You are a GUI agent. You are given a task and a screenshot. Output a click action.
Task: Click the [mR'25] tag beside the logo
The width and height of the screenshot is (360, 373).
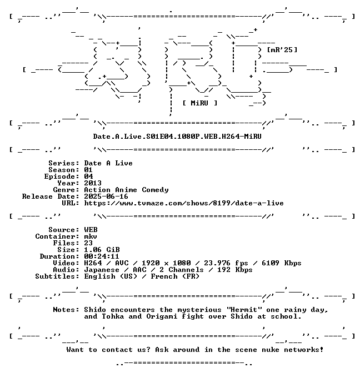coord(282,50)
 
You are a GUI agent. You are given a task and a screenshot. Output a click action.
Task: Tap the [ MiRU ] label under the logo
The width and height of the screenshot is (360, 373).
coord(200,103)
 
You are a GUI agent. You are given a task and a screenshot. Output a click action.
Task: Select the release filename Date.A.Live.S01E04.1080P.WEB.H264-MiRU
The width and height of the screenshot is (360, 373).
coord(177,137)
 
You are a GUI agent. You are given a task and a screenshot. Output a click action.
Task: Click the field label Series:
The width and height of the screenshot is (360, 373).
coord(64,163)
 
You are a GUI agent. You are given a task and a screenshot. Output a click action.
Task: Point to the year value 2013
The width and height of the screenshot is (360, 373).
coord(93,183)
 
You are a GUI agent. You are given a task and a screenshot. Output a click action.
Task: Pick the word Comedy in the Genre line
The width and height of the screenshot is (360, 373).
coord(155,190)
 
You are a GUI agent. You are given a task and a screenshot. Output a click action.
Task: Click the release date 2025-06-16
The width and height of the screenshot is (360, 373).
coord(106,196)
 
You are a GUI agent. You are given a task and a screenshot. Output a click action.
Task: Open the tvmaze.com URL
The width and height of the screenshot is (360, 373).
coord(184,203)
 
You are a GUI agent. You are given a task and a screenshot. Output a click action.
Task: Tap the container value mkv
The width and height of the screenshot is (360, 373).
coord(91,236)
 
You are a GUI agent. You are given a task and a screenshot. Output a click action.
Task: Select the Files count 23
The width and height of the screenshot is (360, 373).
coord(88,243)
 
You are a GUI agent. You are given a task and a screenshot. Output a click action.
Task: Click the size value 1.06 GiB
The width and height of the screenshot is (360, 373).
coord(102,250)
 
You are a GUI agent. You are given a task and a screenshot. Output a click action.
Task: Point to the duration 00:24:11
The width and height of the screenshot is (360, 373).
coord(102,256)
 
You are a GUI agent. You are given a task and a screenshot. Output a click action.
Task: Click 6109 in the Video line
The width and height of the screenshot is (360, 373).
coord(270,263)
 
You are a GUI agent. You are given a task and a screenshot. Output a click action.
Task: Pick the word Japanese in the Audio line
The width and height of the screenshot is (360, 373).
coord(102,270)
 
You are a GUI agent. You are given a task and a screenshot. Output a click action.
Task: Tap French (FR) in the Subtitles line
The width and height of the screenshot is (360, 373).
coord(175,276)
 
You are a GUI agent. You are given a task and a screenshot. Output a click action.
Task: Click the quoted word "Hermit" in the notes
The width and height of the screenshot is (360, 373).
coord(244,310)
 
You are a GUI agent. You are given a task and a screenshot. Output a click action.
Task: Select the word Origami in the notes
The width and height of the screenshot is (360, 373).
coord(162,316)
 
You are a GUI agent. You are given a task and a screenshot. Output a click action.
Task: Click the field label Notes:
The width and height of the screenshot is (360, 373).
coord(66,310)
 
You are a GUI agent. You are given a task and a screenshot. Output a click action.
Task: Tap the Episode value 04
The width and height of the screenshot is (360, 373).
coord(88,177)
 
